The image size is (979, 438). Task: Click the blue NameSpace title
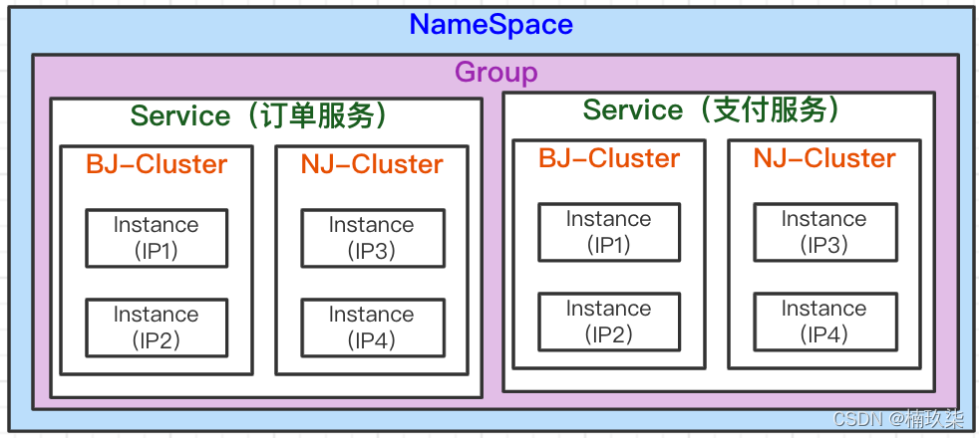click(490, 24)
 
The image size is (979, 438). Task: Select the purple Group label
click(495, 72)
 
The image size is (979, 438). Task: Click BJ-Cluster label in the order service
click(157, 164)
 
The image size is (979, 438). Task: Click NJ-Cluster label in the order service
click(371, 164)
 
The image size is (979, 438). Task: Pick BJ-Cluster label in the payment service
click(609, 158)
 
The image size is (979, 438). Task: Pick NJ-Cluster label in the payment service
click(824, 158)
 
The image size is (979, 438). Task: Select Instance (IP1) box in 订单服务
click(157, 238)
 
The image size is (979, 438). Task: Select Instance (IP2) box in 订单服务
click(157, 328)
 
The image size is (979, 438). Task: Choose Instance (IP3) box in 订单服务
click(371, 238)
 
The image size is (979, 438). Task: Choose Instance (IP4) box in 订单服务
click(371, 328)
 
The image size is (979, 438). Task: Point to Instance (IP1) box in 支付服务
click(609, 232)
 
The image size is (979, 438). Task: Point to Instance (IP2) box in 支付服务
click(609, 322)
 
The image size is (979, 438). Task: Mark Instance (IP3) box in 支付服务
click(824, 232)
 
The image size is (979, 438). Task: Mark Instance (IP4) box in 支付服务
click(824, 322)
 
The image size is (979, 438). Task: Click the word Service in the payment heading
click(633, 109)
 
